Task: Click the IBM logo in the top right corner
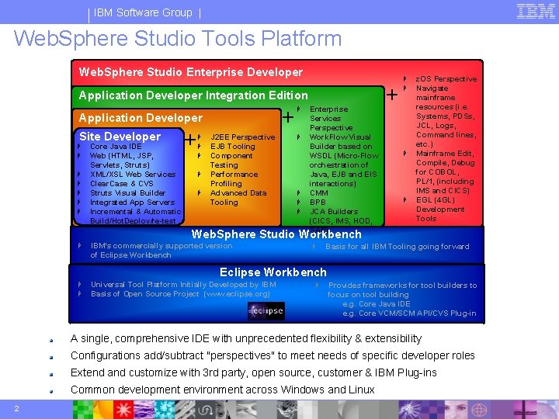tap(535, 11)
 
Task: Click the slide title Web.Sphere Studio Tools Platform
tap(178, 38)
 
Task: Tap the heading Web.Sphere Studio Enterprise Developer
tap(191, 72)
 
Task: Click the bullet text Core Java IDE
tap(116, 147)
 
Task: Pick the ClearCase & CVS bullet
tap(121, 184)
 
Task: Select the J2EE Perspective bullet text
tap(242, 137)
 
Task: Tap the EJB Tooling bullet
tap(232, 147)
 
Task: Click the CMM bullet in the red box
tap(318, 193)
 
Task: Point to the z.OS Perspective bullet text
tap(446, 79)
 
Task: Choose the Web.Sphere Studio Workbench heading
tap(276, 234)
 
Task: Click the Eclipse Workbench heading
tap(273, 272)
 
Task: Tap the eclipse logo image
tap(266, 311)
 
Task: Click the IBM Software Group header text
tap(143, 12)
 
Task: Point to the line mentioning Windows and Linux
tap(222, 390)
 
